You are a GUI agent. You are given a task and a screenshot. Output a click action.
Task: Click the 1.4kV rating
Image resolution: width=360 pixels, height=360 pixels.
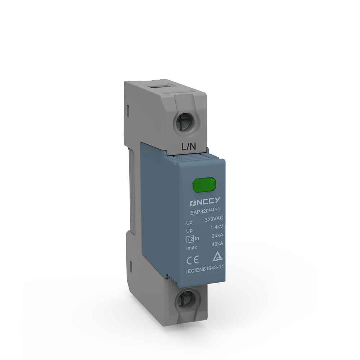pyautogui.click(x=217, y=227)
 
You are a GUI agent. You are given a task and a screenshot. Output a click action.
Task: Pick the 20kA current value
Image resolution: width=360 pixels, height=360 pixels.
pyautogui.click(x=217, y=235)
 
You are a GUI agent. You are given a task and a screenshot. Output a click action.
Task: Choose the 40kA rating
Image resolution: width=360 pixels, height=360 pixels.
pyautogui.click(x=217, y=244)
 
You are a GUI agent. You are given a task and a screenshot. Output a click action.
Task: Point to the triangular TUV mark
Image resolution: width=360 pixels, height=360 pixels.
pyautogui.click(x=217, y=257)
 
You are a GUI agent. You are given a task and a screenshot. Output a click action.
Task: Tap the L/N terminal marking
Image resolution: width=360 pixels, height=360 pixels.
pyautogui.click(x=188, y=147)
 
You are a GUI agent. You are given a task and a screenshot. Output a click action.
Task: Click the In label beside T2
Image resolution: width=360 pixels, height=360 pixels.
pyautogui.click(x=197, y=239)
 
